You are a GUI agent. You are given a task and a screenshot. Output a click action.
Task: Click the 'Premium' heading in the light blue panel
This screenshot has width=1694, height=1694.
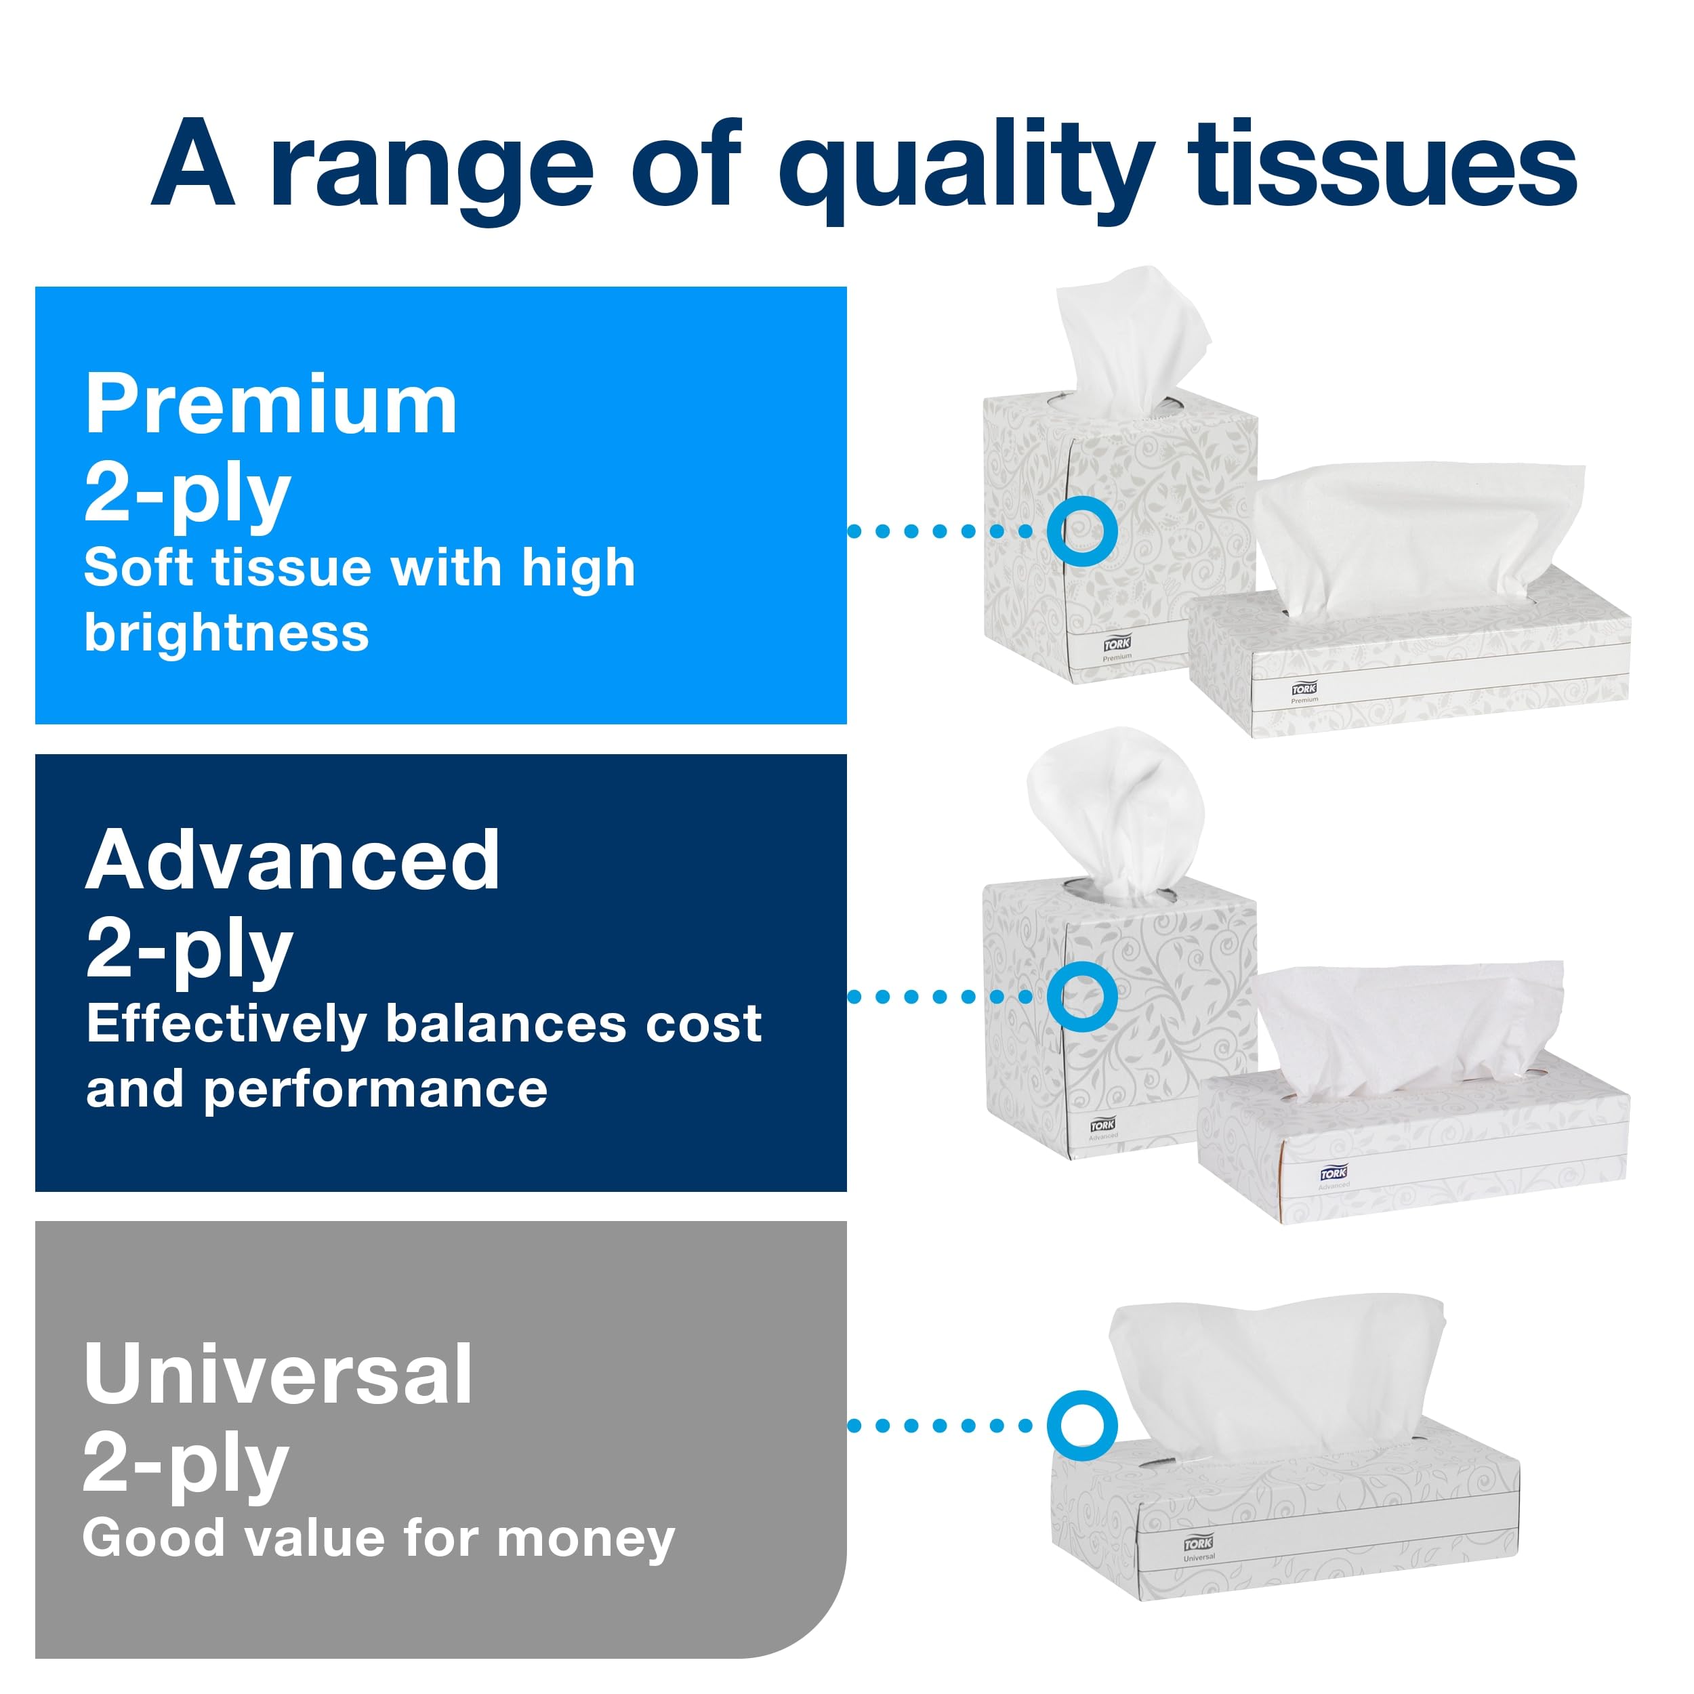coord(271,405)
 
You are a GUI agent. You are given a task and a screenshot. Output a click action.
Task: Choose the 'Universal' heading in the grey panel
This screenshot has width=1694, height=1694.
coord(278,1374)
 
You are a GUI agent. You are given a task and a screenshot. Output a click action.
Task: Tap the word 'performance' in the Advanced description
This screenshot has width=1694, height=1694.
coord(375,1090)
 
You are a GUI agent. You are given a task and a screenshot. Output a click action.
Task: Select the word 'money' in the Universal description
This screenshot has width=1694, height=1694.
coord(585,1538)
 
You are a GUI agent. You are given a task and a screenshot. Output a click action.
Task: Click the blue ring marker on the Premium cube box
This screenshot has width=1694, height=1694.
coord(1082,531)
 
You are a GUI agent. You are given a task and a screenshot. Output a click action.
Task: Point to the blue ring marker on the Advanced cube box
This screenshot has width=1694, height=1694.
coord(1082,996)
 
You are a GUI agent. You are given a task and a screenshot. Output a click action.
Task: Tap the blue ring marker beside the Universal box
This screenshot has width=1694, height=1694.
coord(1082,1425)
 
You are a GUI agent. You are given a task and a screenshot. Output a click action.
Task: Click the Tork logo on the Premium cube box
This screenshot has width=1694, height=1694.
coord(1116,644)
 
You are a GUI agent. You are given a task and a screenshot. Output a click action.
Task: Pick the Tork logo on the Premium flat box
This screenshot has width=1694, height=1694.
coord(1304,688)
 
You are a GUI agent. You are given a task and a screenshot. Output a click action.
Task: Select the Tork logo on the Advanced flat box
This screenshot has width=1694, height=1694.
coord(1334,1173)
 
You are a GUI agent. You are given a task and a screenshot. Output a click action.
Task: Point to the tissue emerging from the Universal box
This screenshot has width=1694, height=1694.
coord(1271,1377)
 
